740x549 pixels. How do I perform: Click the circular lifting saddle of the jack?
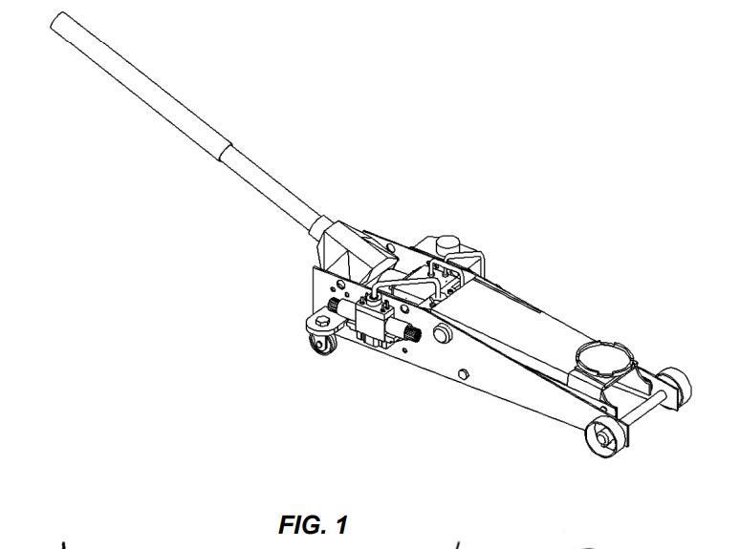[601, 361]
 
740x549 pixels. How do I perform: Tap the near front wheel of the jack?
[603, 435]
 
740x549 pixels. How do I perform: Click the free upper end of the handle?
[59, 21]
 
